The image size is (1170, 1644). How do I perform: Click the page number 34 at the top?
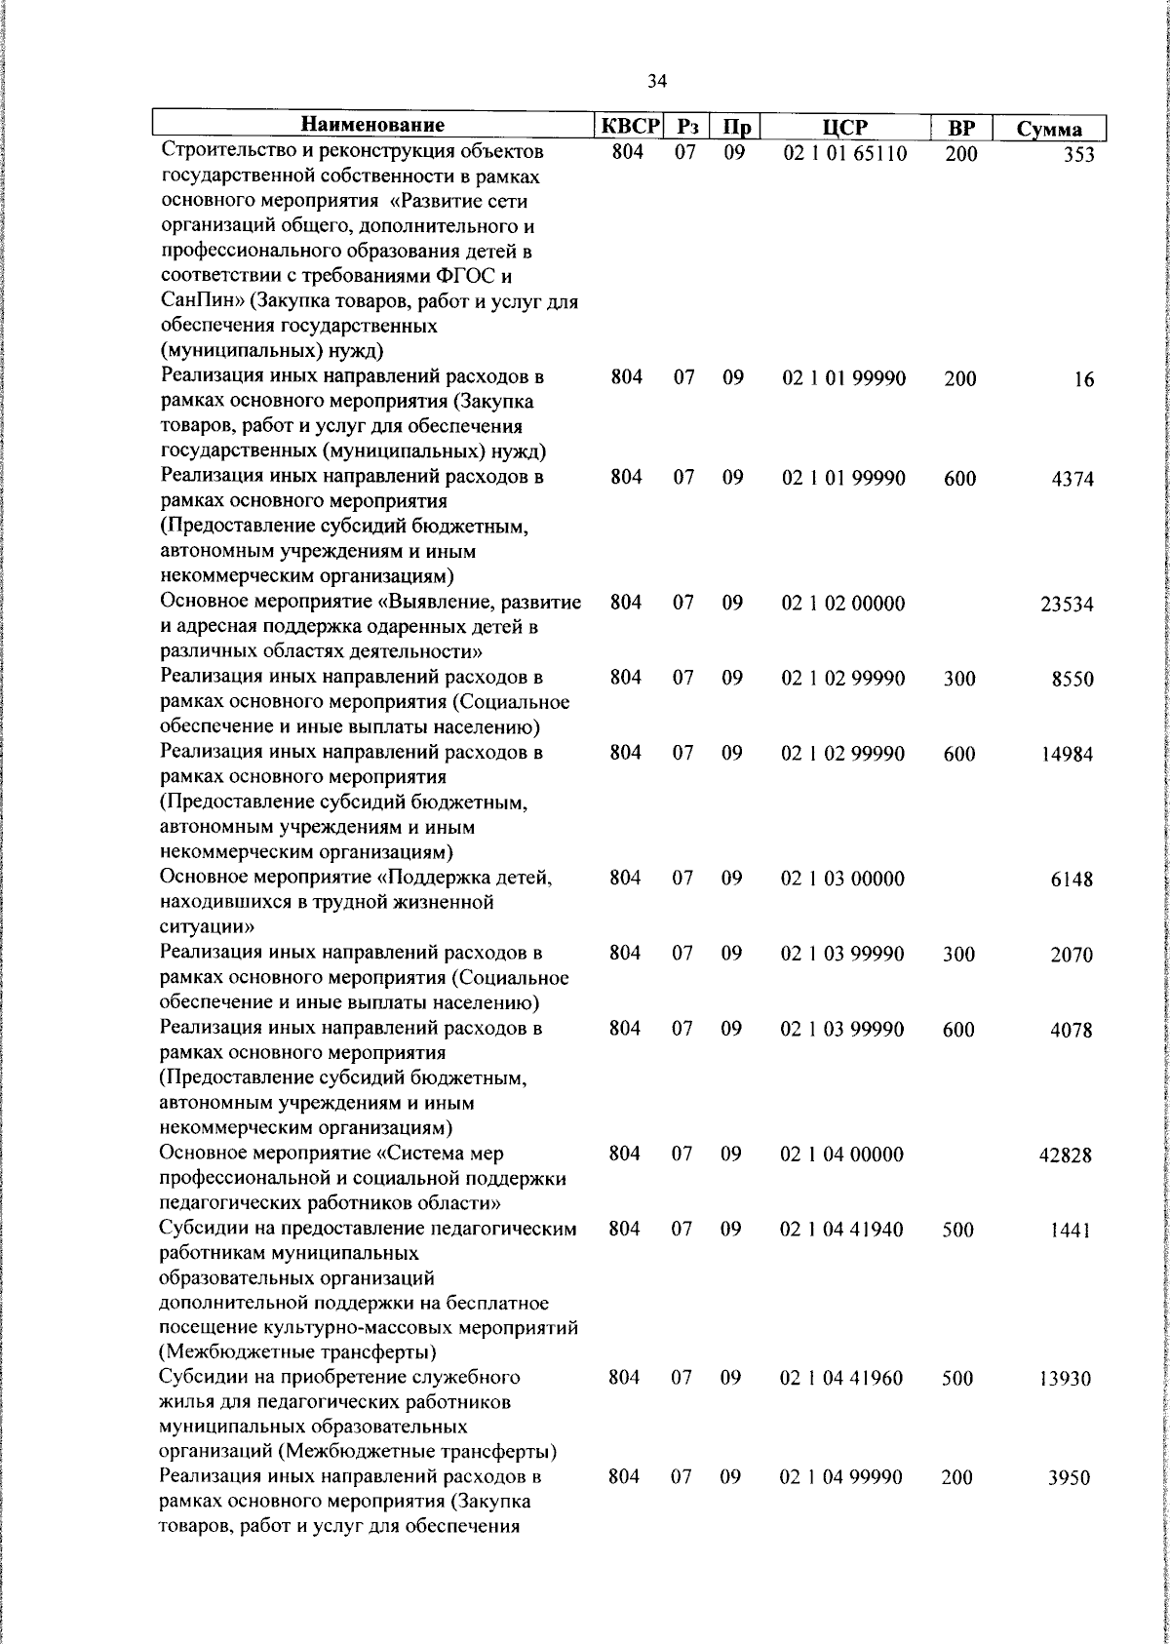click(x=656, y=82)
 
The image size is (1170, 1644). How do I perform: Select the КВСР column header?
click(x=630, y=127)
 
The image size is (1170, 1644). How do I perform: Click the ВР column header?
click(x=961, y=128)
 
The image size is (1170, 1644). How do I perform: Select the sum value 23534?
click(x=1068, y=605)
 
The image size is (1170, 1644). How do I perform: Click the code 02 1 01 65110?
click(x=844, y=153)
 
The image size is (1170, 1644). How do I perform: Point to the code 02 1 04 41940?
click(x=842, y=1230)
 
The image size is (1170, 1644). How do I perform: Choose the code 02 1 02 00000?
click(x=843, y=604)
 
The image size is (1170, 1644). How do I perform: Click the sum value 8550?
click(x=1072, y=680)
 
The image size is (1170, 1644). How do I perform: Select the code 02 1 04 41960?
click(x=842, y=1379)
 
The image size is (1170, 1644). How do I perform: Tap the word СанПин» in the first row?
click(x=201, y=301)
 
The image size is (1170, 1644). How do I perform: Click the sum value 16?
click(x=1084, y=380)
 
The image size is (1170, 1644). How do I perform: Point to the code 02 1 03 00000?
click(x=843, y=879)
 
